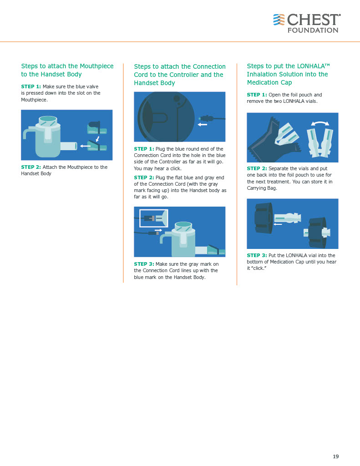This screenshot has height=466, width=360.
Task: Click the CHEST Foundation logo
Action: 307,23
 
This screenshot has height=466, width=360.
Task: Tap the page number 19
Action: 335,456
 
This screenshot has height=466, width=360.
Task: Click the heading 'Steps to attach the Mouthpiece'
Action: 67,66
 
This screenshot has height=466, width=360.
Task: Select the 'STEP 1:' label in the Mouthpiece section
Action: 31,86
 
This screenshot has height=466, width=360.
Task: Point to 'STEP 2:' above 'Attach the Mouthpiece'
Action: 31,167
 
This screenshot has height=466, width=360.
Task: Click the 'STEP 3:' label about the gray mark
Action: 144,264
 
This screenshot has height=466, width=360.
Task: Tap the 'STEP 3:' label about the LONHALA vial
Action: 257,255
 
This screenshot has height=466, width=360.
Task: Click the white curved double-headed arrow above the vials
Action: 320,123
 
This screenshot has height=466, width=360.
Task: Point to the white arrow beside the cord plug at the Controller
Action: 203,125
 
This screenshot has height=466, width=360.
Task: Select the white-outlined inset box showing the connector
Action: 154,218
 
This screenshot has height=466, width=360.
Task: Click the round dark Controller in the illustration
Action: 166,117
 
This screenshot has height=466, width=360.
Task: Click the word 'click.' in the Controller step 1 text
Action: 176,168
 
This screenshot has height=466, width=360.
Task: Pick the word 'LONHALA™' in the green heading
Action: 313,66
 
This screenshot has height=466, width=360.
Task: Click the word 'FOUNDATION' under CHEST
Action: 313,30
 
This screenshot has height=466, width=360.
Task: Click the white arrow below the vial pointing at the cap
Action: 278,224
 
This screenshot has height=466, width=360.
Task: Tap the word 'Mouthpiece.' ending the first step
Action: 34,100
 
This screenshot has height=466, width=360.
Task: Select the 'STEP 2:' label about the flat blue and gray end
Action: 144,177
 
